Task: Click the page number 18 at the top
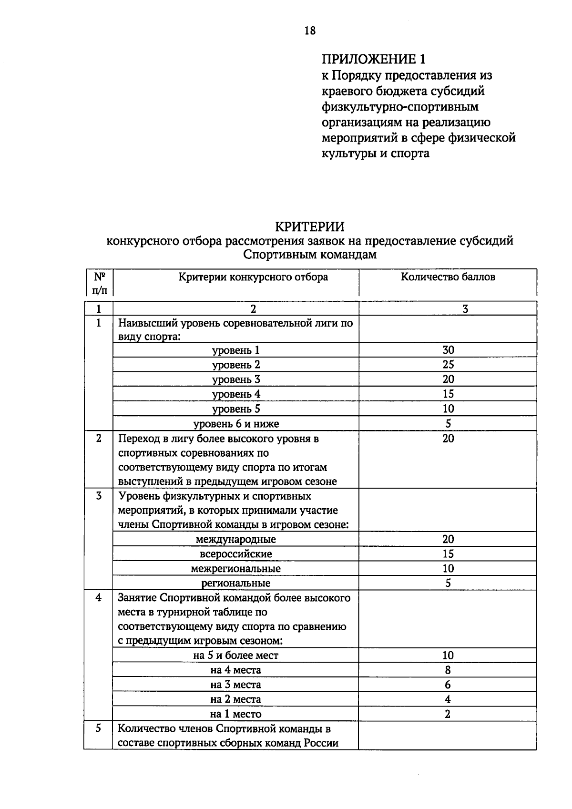click(309, 31)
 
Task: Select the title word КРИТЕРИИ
click(310, 226)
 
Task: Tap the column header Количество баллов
click(448, 277)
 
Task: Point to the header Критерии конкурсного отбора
click(253, 277)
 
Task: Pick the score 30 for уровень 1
click(448, 350)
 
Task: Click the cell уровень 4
click(236, 394)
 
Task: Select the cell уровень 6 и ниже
click(236, 424)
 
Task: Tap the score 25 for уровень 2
click(448, 365)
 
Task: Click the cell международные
click(236, 540)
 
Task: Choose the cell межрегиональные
click(236, 569)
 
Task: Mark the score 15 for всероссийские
click(448, 554)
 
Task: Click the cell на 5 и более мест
click(236, 655)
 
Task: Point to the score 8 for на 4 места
click(448, 670)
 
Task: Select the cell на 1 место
click(236, 714)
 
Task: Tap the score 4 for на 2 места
click(448, 699)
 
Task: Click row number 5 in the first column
click(99, 729)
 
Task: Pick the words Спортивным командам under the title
click(310, 255)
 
